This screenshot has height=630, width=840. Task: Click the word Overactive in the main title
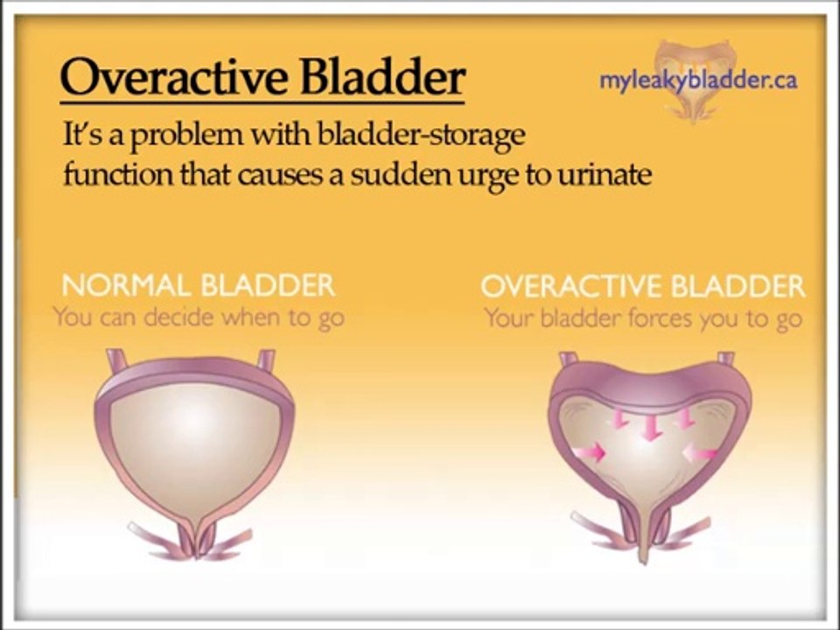[174, 78]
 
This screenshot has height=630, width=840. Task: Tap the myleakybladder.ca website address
[697, 80]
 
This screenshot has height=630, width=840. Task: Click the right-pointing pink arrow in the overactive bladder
[590, 451]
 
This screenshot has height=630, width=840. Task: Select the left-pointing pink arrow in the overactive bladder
[700, 452]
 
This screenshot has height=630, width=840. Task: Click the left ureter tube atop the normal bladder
[115, 360]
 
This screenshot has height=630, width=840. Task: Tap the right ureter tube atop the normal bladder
[266, 360]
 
